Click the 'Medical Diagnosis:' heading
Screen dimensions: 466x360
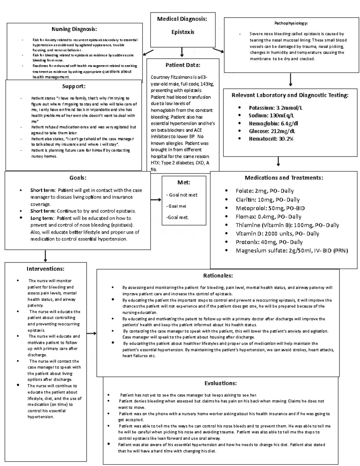(x=182, y=19)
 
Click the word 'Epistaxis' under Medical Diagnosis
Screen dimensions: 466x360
(x=183, y=32)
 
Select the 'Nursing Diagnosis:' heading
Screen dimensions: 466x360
(x=74, y=29)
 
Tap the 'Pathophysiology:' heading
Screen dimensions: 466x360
(x=291, y=23)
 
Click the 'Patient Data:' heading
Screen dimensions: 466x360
(x=183, y=65)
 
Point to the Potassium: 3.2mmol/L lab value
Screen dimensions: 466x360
(x=277, y=108)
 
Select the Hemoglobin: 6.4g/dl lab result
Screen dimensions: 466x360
(x=273, y=123)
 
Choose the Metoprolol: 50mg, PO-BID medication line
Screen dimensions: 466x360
(x=270, y=208)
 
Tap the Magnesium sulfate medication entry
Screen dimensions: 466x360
(x=291, y=251)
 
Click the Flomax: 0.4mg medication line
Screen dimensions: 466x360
(x=268, y=217)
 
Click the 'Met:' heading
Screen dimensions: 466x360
(x=184, y=182)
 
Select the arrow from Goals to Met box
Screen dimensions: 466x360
(x=156, y=200)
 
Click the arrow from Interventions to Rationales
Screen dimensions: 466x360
(x=91, y=333)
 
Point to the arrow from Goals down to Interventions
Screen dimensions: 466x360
(x=45, y=256)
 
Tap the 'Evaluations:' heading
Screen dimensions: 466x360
(x=220, y=383)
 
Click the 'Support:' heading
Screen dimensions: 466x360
(x=74, y=86)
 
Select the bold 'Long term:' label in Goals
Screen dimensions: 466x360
(x=42, y=218)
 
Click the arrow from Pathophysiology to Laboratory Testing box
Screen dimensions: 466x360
(x=291, y=80)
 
